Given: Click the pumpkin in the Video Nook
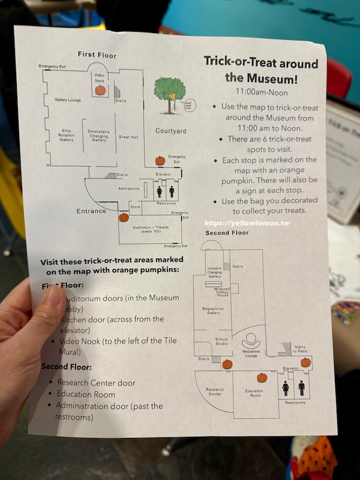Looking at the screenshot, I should point(100,90).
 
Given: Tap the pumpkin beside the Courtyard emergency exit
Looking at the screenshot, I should point(160,161).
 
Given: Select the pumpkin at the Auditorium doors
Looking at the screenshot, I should point(124,217).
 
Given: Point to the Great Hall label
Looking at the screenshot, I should point(129,137).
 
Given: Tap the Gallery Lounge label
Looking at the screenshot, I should point(68,100).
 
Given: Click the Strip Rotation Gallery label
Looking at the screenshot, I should point(67,135).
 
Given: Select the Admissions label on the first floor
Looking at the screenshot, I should point(128,188).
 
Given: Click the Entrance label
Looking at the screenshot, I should point(91,211).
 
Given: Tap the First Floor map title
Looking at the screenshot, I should point(97,55).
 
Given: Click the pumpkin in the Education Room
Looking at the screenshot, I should point(262,377).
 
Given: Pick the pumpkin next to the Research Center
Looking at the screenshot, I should point(227,364).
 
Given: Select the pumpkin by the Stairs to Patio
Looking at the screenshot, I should point(305,362).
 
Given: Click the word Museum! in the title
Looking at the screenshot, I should point(271,78).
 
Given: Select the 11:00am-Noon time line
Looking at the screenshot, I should point(262,92).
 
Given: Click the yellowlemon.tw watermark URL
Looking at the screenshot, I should point(247,222).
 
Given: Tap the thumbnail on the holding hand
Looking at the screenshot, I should point(52,299).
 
